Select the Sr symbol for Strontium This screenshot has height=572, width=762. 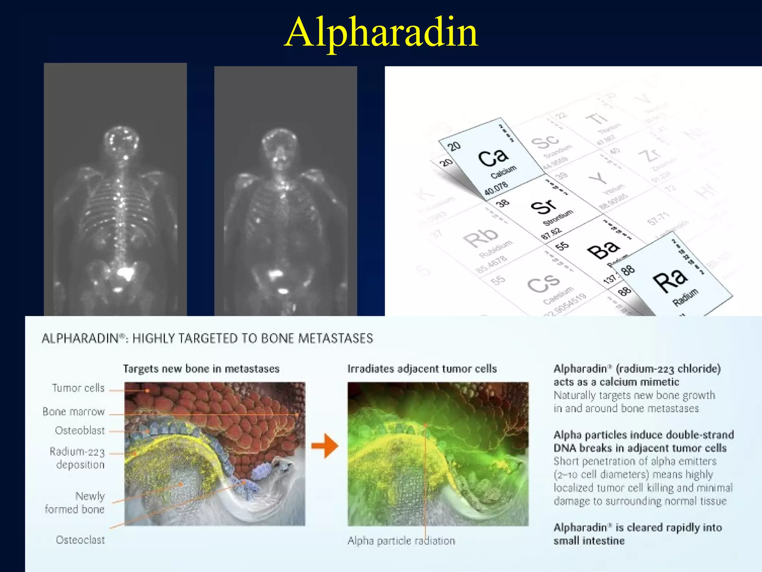pyautogui.click(x=543, y=207)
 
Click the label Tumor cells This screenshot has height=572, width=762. pyautogui.click(x=78, y=388)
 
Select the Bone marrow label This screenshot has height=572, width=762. pyautogui.click(x=74, y=411)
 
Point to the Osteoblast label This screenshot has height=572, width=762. pyautogui.click(x=80, y=430)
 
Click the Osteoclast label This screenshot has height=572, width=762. pyautogui.click(x=80, y=540)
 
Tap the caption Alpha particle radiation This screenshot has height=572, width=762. pyautogui.click(x=401, y=540)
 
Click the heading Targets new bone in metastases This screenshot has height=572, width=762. pyautogui.click(x=201, y=369)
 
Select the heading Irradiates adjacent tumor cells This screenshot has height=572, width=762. pyautogui.click(x=422, y=369)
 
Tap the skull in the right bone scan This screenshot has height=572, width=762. pyautogui.click(x=279, y=143)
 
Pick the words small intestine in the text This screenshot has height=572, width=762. pyautogui.click(x=589, y=541)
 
